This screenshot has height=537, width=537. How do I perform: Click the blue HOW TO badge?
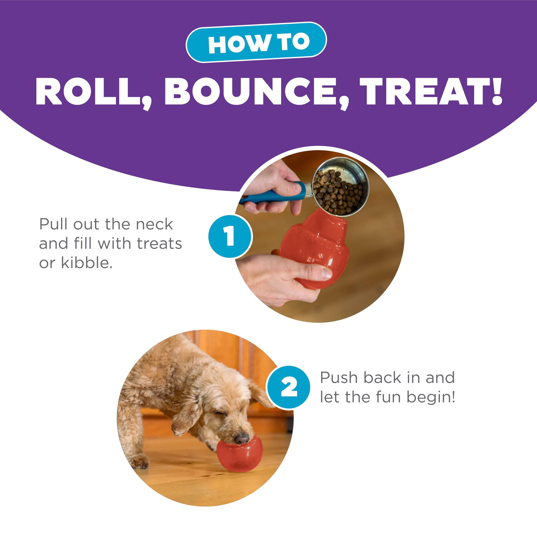coord(256,42)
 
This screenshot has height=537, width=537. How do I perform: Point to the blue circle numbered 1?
coord(230,236)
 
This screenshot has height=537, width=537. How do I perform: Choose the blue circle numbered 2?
coord(288,387)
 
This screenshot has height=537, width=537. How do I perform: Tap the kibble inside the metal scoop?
coord(338,192)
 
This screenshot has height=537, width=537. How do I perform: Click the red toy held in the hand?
coord(315,248)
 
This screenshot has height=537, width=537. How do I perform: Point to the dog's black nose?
coord(242,439)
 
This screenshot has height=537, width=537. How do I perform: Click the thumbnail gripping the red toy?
coord(326,273)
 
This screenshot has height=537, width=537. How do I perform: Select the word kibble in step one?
coord(87,262)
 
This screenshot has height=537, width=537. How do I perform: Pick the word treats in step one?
coord(160,244)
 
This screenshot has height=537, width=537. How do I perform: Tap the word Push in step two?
coord(339,377)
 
